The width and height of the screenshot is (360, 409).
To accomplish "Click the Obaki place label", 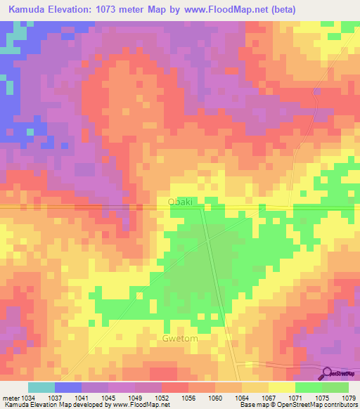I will pos(180,202).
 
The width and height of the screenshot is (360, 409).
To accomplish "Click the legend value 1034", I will pos(28,398).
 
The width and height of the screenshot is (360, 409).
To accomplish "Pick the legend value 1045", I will pos(109,398).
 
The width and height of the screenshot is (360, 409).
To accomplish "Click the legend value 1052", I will pos(162,398).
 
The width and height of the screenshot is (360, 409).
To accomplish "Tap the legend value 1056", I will pos(189,398).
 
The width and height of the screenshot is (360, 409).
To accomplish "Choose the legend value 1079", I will pos(349,398).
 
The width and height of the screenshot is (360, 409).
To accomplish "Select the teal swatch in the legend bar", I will pos(41,387).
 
